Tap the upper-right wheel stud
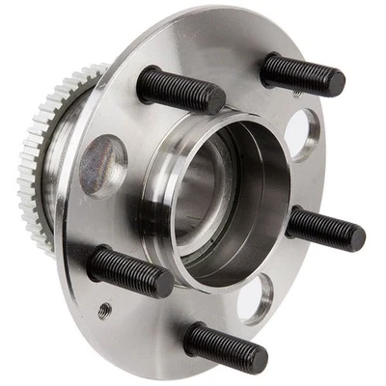(x=301, y=73)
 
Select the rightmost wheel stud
(x=325, y=228)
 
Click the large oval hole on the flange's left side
(x=102, y=165)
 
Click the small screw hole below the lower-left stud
(x=105, y=310)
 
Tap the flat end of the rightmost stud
(x=359, y=236)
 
